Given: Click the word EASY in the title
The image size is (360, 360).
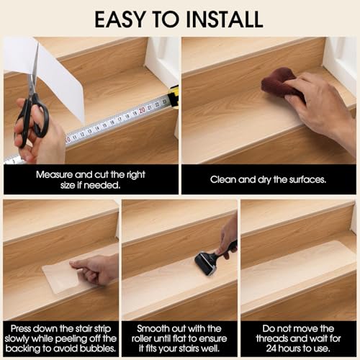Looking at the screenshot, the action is coord(120,19).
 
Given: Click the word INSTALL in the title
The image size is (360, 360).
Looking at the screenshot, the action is coord(224,19).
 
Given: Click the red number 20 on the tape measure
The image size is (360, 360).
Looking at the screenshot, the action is coord(142,110).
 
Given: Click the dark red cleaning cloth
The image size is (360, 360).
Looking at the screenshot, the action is coord(279,82).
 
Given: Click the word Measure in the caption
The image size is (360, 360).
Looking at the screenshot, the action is coord(54,174).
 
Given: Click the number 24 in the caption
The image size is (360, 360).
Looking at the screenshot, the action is coord(271,348).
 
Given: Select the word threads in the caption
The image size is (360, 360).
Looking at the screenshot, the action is coord(272,338).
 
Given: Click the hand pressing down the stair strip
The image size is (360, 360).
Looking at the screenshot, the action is coord(96,268).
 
